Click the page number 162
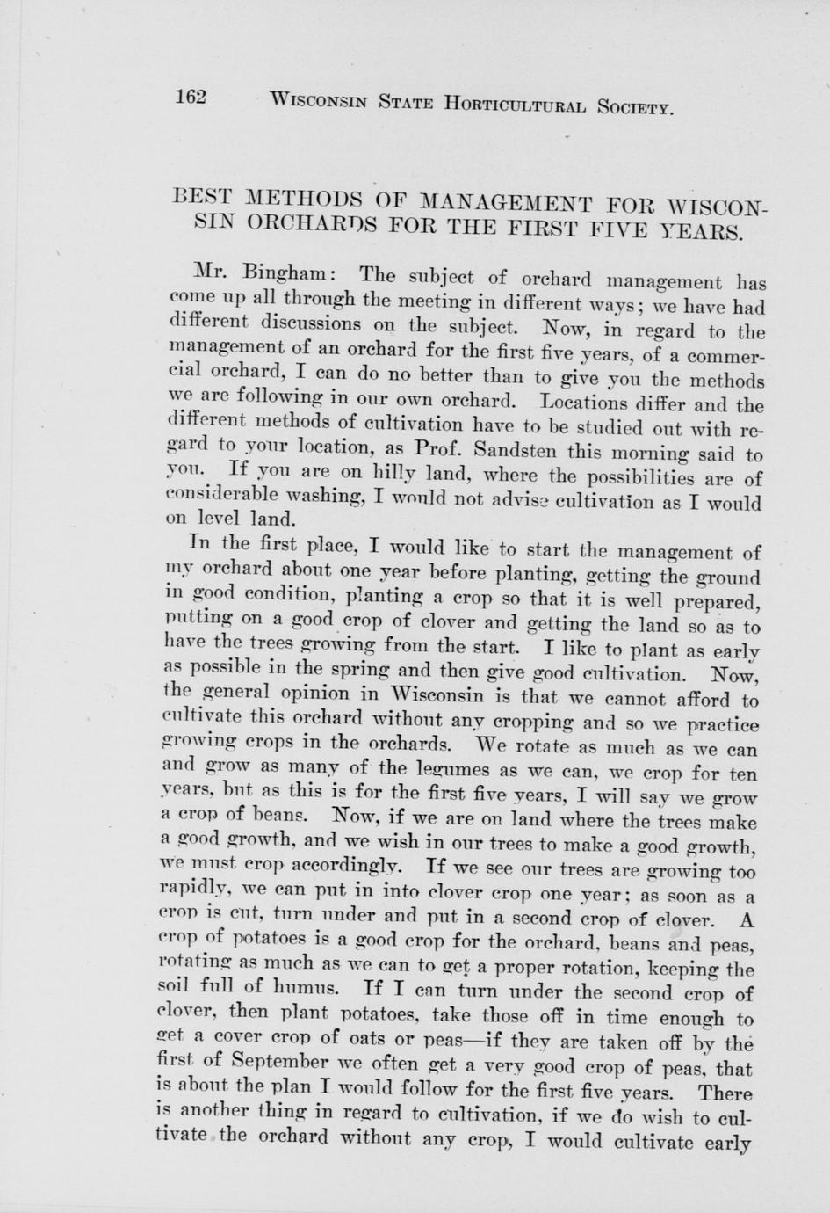pos(190,96)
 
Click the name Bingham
pos(275,271)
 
